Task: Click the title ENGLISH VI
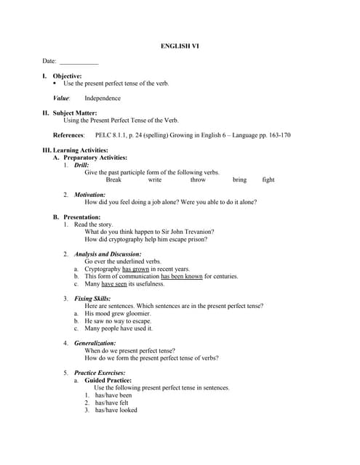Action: pyautogui.click(x=180, y=46)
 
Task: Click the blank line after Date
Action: pyautogui.click(x=79, y=62)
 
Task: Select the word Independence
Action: pyautogui.click(x=103, y=98)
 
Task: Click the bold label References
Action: pyautogui.click(x=68, y=135)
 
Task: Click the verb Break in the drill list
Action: pyautogui.click(x=113, y=179)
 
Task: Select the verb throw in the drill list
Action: pyautogui.click(x=198, y=179)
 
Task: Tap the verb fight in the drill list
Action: pyautogui.click(x=268, y=179)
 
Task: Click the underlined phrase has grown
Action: pyautogui.click(x=136, y=269)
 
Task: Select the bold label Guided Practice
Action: pyautogui.click(x=108, y=380)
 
